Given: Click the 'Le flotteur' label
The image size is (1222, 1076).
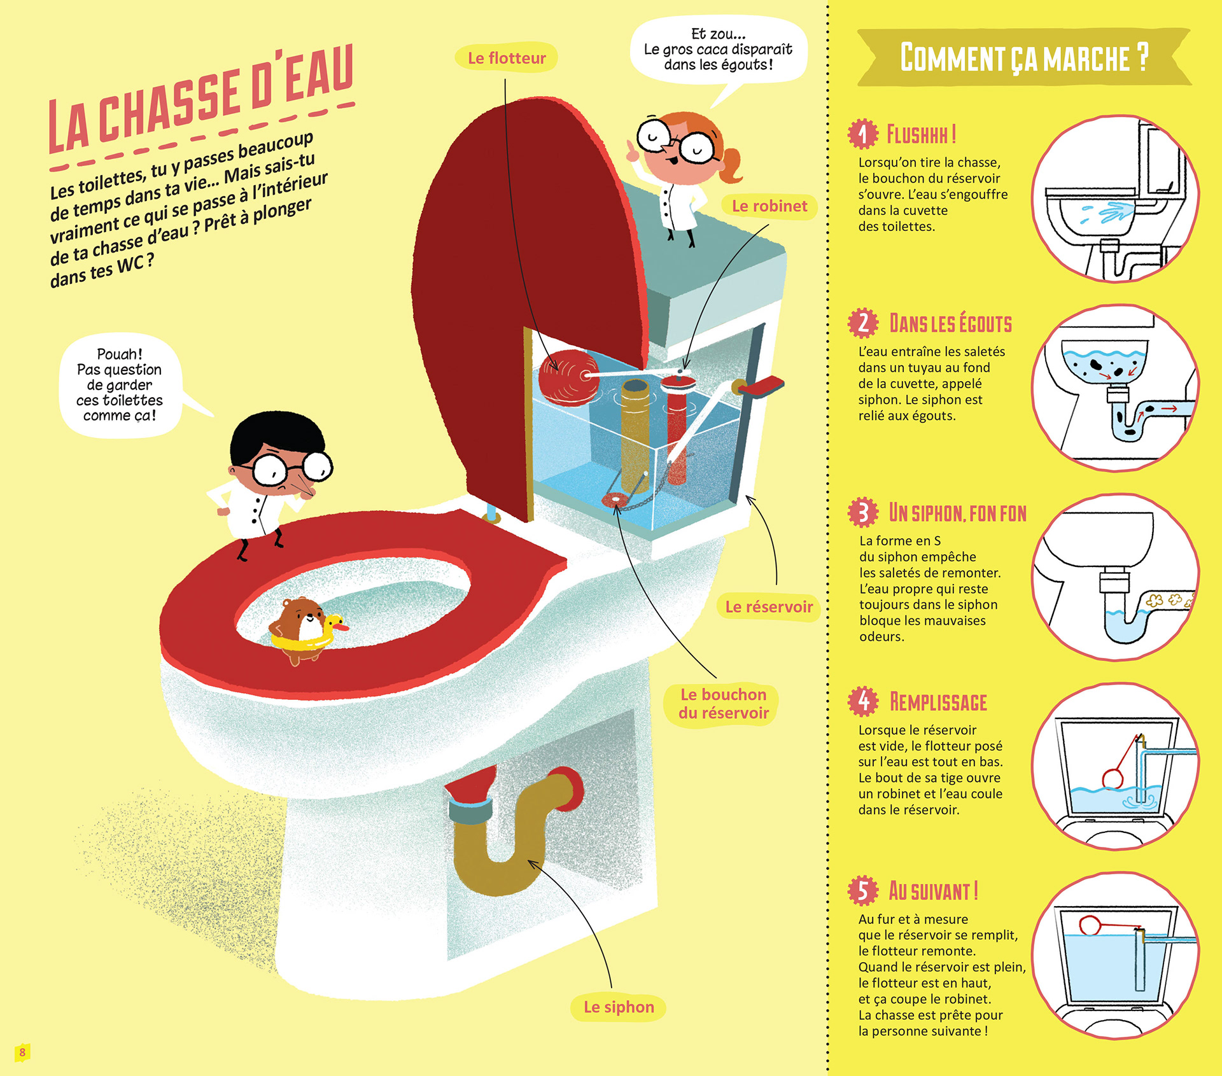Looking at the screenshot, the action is (x=507, y=58).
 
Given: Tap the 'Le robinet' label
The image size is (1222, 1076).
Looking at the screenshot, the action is (x=769, y=206).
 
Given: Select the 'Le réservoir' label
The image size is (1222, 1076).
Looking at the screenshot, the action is (x=769, y=606).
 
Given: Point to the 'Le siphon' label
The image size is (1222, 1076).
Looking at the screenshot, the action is (x=619, y=1007).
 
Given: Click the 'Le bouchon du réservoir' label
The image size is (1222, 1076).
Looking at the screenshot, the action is (x=723, y=704).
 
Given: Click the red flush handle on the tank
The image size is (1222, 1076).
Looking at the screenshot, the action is (x=761, y=387).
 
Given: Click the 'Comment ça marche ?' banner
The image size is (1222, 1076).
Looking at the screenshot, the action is (x=1024, y=57).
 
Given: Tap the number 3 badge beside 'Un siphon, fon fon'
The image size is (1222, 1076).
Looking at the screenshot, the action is (x=863, y=512).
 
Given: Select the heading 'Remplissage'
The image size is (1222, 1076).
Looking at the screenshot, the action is (x=938, y=702).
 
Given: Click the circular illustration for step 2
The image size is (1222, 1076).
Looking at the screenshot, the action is (x=1115, y=388).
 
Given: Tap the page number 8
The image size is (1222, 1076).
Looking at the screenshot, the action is (x=22, y=1052).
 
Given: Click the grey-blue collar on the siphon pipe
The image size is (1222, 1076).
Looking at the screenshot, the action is (x=470, y=811).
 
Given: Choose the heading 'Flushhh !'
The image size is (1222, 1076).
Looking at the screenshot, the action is (x=921, y=134).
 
